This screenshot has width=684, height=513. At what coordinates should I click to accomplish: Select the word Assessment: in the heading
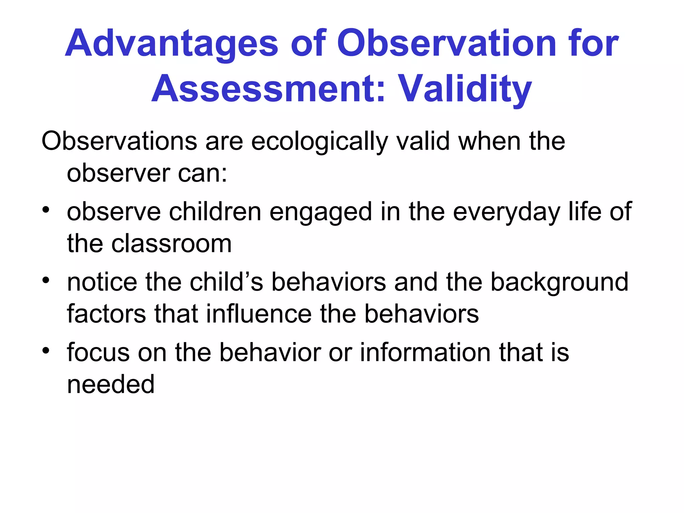(x=269, y=89)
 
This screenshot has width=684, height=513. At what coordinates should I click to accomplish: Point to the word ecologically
(x=319, y=142)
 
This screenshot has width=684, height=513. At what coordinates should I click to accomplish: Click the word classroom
(x=171, y=244)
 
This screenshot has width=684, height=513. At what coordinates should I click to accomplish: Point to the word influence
(x=259, y=314)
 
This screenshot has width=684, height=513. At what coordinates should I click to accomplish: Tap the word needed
(x=111, y=384)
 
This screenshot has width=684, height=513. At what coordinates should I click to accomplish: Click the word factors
(x=106, y=314)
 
